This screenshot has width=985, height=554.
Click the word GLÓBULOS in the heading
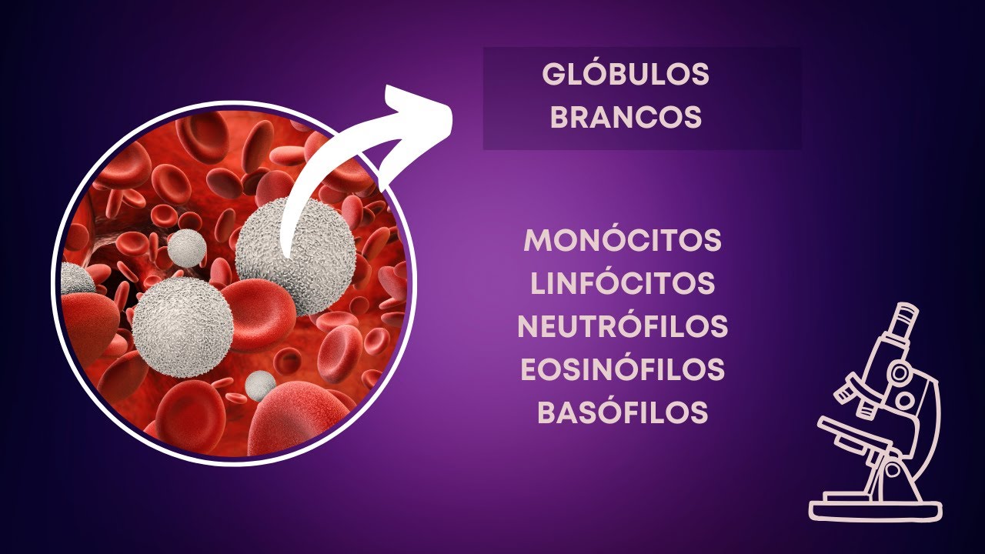(x=625, y=75)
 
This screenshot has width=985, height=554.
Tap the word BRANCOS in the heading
(x=626, y=118)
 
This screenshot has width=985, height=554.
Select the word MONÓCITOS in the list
(x=623, y=241)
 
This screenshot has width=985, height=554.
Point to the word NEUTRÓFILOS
(x=623, y=327)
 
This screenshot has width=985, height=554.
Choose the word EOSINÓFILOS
(x=623, y=370)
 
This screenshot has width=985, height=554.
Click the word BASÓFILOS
(x=623, y=413)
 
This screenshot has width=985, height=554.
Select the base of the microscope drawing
(x=876, y=509)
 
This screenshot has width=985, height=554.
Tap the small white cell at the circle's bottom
(x=260, y=384)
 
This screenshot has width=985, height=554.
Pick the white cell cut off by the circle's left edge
(x=75, y=279)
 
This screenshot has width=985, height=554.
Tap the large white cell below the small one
(x=182, y=326)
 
